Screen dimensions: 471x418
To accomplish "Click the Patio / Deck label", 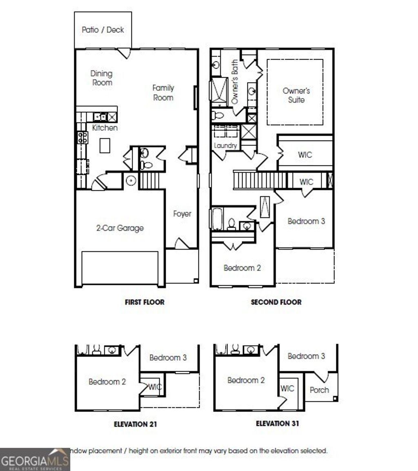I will click(103, 30).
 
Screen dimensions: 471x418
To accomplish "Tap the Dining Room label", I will click(101, 78).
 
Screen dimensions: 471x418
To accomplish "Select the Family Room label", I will click(163, 93).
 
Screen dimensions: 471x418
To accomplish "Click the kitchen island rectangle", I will click(105, 145).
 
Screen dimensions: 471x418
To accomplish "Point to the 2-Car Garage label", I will click(120, 228).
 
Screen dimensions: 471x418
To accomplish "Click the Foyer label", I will click(182, 214).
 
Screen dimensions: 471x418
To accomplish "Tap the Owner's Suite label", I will click(296, 95).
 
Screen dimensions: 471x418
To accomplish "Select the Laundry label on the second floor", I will click(225, 145).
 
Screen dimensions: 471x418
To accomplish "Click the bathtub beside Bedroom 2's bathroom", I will click(216, 219).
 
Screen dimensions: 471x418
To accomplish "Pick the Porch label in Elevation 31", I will click(319, 390).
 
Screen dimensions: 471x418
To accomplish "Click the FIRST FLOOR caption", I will click(145, 302).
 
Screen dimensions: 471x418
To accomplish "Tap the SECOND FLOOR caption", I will click(276, 302).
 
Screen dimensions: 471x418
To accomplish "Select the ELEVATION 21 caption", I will click(135, 424).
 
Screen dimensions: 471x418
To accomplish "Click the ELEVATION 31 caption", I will click(277, 423).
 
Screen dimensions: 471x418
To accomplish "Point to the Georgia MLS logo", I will click(35, 460).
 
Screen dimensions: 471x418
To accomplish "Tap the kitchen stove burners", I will click(82, 137).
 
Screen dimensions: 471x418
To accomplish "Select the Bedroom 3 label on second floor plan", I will click(306, 221).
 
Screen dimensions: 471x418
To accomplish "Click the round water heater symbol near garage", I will click(131, 180).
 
